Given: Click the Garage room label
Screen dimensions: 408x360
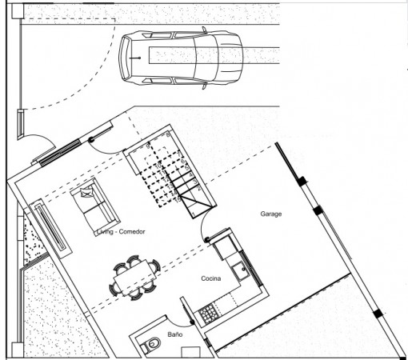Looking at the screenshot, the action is (x=270, y=214).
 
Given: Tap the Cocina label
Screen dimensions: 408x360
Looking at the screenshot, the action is (x=211, y=278).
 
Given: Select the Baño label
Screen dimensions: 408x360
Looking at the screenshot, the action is (x=175, y=334).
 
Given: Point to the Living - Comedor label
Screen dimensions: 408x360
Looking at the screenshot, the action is (x=121, y=231).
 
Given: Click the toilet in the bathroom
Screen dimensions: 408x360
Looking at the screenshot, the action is (x=151, y=344).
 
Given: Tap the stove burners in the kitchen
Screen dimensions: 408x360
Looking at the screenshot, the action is (x=209, y=313).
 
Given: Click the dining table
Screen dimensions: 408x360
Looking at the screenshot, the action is (x=135, y=278).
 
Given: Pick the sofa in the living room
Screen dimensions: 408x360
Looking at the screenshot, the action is (x=94, y=207).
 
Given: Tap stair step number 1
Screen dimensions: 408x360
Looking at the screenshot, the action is (x=194, y=214).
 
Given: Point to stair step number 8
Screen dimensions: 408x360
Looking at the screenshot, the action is (x=168, y=134).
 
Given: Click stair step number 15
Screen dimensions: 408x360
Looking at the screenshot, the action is (x=178, y=198).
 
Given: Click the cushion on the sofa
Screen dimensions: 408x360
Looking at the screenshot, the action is (x=86, y=192).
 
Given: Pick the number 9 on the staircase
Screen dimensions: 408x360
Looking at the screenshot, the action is (x=148, y=146).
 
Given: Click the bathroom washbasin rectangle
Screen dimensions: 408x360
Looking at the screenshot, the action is (x=190, y=352).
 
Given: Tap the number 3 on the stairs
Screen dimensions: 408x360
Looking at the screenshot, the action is (x=195, y=182).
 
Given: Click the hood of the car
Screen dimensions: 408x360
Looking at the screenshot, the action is (x=230, y=58).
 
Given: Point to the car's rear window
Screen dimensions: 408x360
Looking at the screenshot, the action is (x=126, y=58).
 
